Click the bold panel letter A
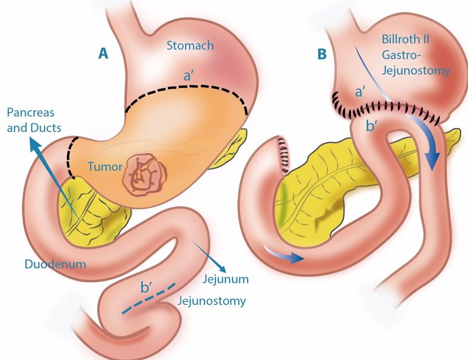pos(103,54)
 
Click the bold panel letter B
pos(322,54)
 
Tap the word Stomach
pos(190,46)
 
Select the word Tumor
pos(105,167)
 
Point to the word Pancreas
pos(30,113)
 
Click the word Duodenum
pos(55,264)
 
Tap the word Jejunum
pos(226,279)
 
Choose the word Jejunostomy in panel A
pos(211,301)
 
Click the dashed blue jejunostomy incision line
pos(148,299)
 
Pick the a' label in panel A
pos(188,76)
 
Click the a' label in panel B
pos(360,92)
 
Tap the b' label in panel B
pos(371,126)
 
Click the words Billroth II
pos(405,39)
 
